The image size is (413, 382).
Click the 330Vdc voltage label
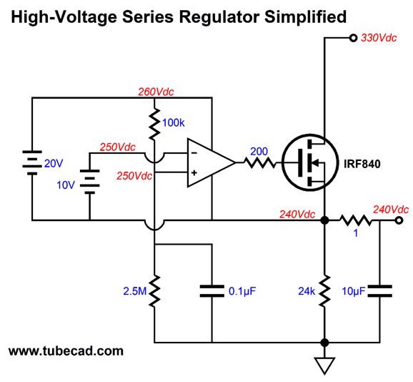point(379,38)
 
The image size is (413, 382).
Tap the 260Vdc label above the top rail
point(156,92)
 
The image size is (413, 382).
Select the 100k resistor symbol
point(154,123)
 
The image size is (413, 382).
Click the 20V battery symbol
point(32,162)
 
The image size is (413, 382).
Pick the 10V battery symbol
point(90,182)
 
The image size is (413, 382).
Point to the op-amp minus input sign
point(194,153)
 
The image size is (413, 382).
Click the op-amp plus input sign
point(194,173)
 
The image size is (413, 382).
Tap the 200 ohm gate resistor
point(259,162)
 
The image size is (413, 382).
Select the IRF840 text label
point(362,164)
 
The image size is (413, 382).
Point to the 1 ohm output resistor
point(356,220)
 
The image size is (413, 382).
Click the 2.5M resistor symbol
point(154,291)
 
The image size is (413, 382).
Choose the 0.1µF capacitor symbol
point(212,291)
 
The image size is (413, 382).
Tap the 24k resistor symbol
point(324,291)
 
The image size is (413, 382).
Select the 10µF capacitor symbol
point(380,291)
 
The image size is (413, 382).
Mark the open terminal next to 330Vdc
point(353,38)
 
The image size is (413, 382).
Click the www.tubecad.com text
point(66,351)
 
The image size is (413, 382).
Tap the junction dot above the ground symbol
point(324,343)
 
